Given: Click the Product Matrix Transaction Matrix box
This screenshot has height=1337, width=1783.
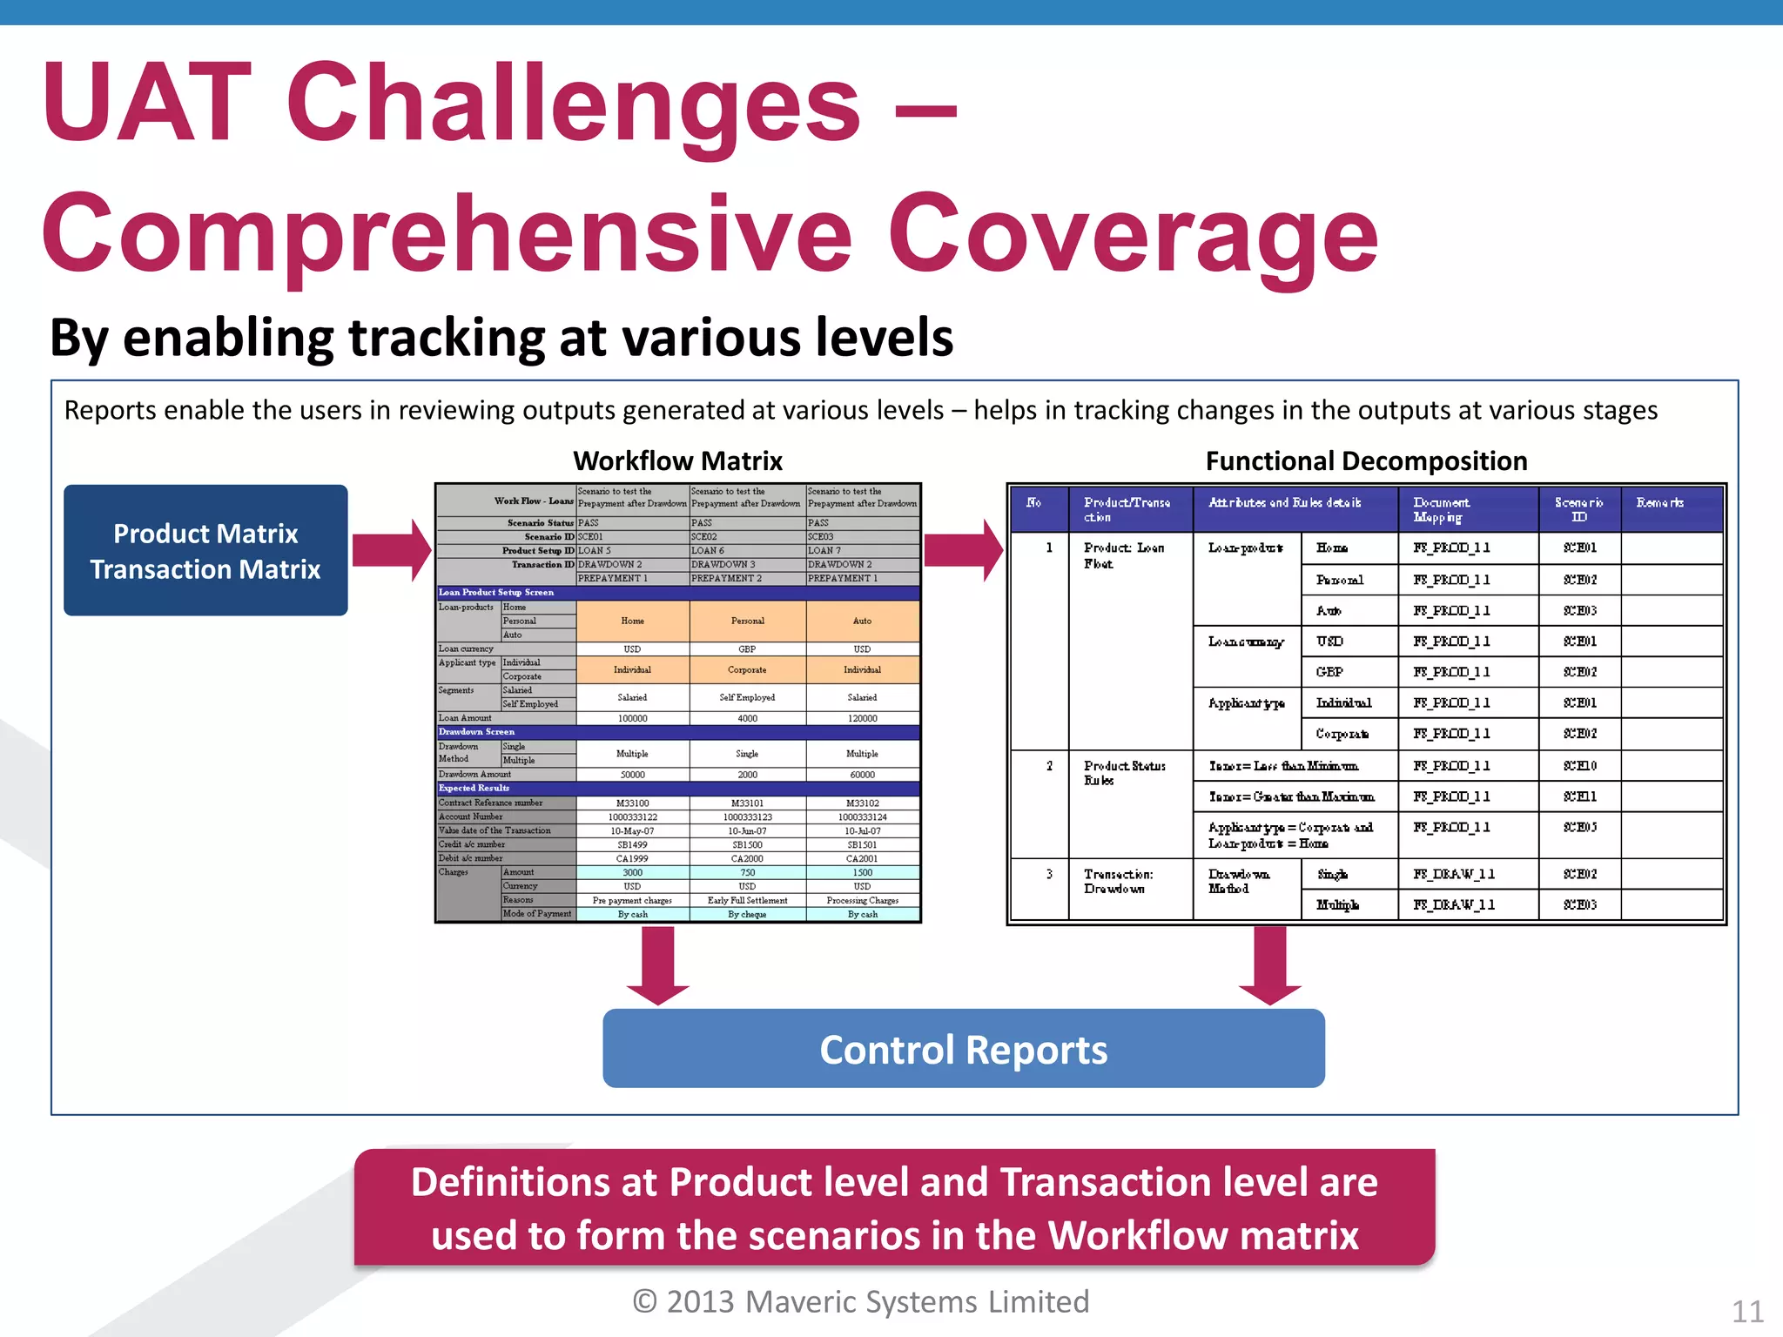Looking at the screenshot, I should coord(205,550).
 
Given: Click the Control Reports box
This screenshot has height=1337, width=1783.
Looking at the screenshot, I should coord(964,1049).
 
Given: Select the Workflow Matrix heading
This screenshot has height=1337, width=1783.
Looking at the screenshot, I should coord(677,460).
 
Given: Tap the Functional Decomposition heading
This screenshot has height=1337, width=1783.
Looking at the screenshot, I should coord(1366,460).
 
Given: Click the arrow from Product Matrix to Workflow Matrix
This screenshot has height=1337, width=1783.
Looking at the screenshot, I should coord(392,550).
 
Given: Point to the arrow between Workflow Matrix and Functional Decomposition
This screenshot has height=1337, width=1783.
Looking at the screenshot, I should coord(963,550).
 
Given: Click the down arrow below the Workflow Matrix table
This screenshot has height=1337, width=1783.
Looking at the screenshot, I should coord(658,964).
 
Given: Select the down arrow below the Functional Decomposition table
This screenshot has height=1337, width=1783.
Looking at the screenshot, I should coord(1270,964).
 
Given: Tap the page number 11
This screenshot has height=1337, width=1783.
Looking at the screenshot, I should coord(1747,1311).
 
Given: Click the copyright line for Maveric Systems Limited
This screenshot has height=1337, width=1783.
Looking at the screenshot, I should coord(860,1301).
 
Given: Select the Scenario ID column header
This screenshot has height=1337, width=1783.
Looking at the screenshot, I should coord(1578,509).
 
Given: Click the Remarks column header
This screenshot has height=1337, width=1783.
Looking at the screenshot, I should coord(1659,503).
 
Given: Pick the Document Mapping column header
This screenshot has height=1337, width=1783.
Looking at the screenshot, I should coord(1441,509).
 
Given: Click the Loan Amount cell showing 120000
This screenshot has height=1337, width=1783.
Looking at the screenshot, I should coord(862,718).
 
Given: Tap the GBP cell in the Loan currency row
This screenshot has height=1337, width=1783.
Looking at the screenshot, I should coord(747,649).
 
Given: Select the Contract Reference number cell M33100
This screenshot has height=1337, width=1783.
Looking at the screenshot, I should coord(632,803).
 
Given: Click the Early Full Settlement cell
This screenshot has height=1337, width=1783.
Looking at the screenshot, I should coord(747,900).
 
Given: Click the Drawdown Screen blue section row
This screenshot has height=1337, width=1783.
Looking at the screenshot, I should coord(677,732).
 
